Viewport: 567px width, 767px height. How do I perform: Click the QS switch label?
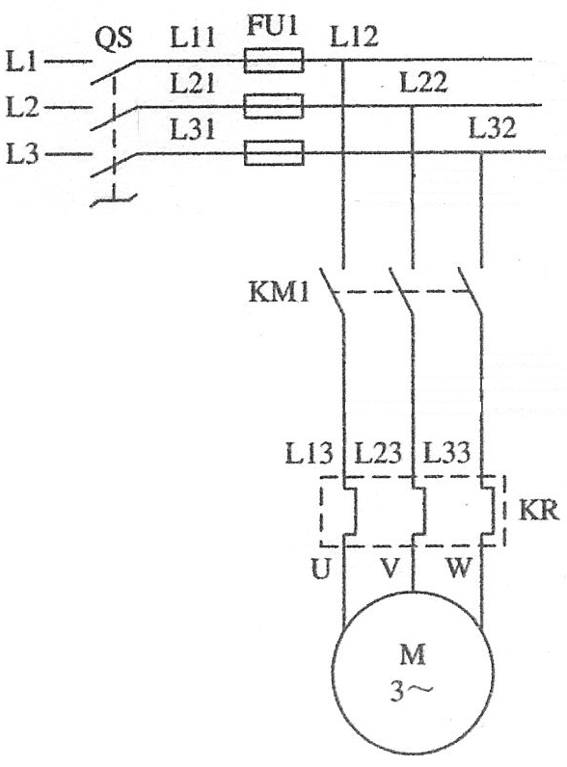[x=113, y=38]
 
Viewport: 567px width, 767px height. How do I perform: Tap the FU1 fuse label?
[x=272, y=24]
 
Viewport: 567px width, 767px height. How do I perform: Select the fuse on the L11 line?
[x=274, y=60]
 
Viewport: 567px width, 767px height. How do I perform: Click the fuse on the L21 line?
[x=274, y=106]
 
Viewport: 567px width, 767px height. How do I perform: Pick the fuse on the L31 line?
[x=274, y=152]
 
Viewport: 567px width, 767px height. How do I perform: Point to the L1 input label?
[x=22, y=62]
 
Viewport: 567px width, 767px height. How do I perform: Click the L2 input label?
[x=22, y=107]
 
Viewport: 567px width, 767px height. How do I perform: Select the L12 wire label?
[x=354, y=37]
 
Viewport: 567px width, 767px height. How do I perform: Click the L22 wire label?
[x=423, y=82]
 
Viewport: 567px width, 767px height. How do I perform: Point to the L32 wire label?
[x=492, y=128]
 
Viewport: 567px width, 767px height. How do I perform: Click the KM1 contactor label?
[x=279, y=293]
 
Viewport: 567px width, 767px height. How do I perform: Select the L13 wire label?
[x=309, y=453]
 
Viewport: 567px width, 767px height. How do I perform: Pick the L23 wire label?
[x=377, y=453]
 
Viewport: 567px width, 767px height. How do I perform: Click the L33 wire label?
[x=446, y=453]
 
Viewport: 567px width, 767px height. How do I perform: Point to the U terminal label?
[x=321, y=569]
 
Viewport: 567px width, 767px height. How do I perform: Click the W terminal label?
[x=458, y=569]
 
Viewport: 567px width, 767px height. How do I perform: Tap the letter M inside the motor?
[x=413, y=655]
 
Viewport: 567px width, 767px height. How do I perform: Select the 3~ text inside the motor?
[x=412, y=691]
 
